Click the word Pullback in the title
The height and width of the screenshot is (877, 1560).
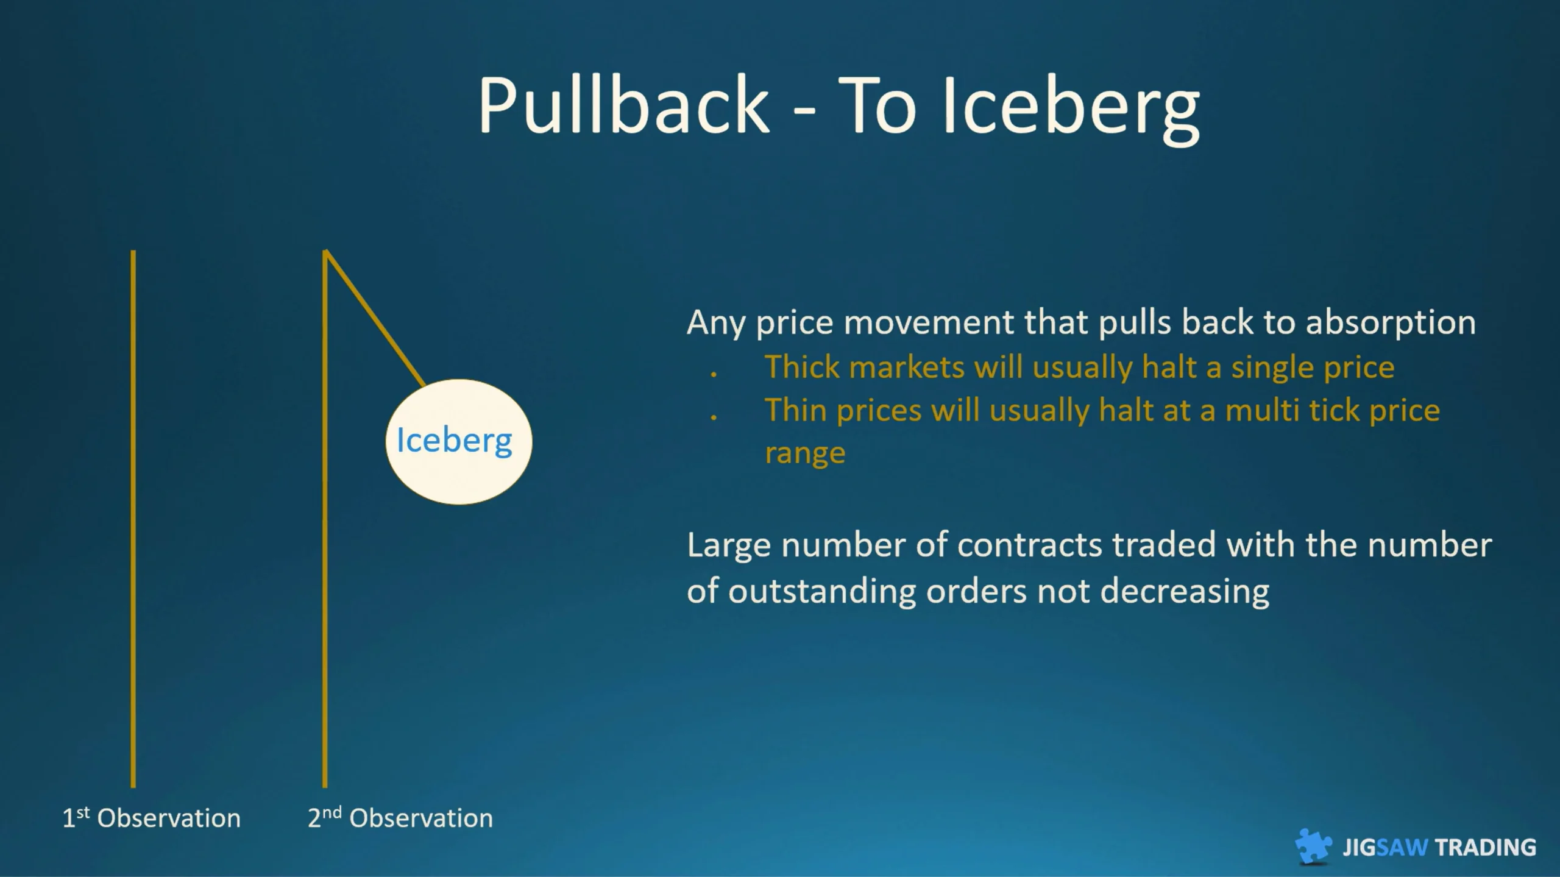point(623,105)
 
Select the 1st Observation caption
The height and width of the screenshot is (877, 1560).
point(152,818)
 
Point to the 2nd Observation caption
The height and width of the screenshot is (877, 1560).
point(400,818)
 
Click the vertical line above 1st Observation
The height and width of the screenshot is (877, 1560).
point(133,519)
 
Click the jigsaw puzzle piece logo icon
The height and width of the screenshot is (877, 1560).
point(1313,846)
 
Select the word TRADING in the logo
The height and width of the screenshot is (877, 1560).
point(1486,848)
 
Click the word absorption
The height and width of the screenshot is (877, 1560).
point(1391,323)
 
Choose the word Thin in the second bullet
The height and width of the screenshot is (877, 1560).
point(795,410)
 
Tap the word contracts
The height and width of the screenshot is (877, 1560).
point(1029,545)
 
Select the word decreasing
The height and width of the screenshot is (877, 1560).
point(1185,592)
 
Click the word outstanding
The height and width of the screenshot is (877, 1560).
point(822,592)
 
